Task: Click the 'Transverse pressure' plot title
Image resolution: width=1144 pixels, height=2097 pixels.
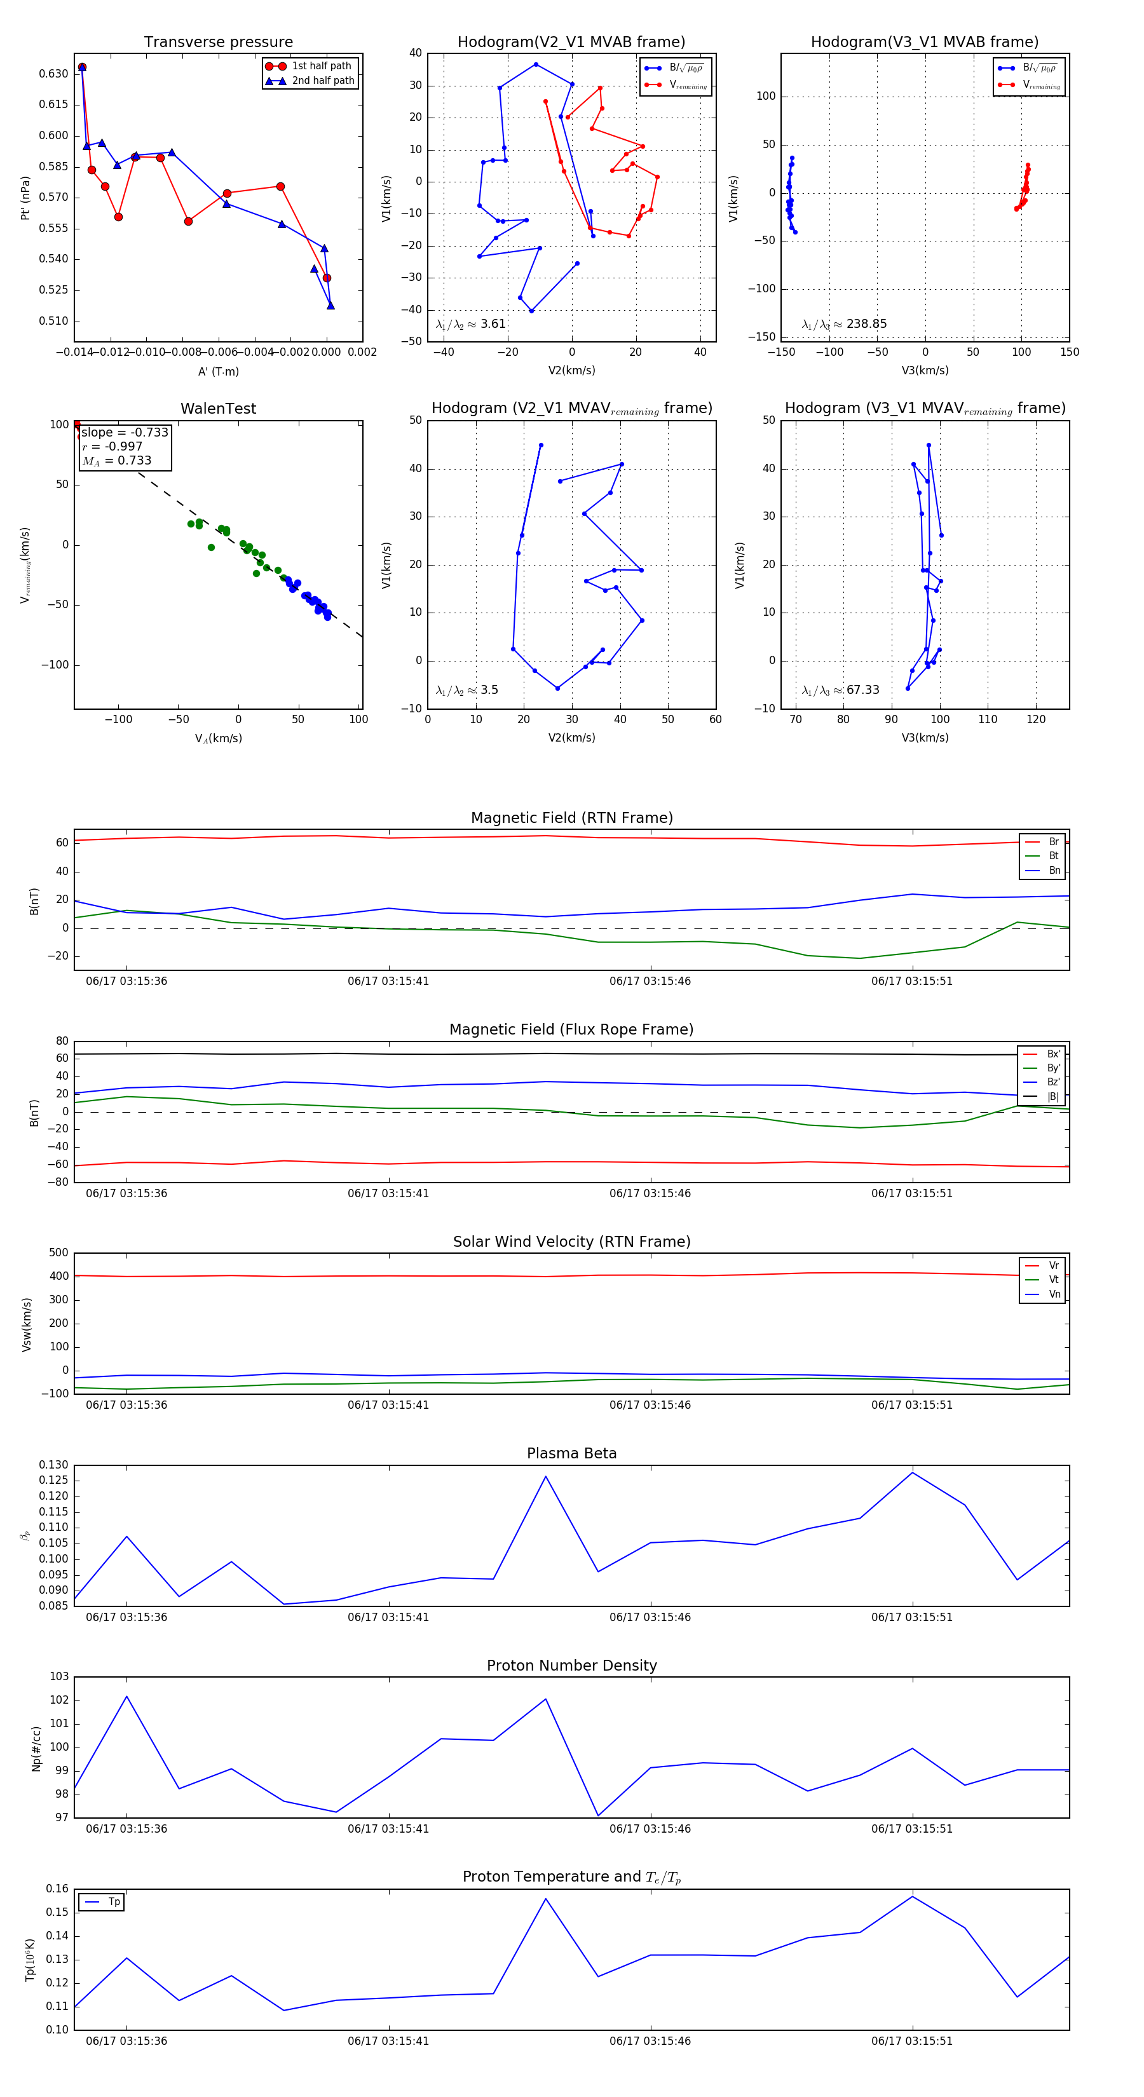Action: pyautogui.click(x=218, y=43)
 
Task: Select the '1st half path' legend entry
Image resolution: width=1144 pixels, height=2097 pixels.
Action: pyautogui.click(x=321, y=66)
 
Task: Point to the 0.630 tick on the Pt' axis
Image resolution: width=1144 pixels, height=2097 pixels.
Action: pyautogui.click(x=54, y=73)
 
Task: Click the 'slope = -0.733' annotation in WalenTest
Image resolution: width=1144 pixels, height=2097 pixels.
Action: pyautogui.click(x=125, y=432)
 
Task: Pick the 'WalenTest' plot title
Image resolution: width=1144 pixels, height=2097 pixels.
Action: pyautogui.click(x=218, y=409)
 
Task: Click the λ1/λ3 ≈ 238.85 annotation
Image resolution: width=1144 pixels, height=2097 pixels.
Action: pyautogui.click(x=845, y=324)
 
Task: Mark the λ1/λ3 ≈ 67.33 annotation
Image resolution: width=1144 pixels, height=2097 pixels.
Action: pyautogui.click(x=840, y=690)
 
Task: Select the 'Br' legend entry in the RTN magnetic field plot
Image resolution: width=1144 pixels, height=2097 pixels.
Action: pyautogui.click(x=1053, y=842)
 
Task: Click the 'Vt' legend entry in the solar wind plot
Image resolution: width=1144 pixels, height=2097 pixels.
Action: pyautogui.click(x=1054, y=1280)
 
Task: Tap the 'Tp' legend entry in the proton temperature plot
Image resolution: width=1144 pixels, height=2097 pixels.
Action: pyautogui.click(x=113, y=1902)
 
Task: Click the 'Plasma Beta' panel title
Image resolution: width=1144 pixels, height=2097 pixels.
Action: pyautogui.click(x=571, y=1453)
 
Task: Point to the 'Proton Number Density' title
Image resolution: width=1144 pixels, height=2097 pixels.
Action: pyautogui.click(x=571, y=1666)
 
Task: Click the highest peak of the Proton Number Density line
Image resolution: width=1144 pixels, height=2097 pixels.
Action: pyautogui.click(x=127, y=1697)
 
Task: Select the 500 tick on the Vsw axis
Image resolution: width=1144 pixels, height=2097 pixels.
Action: pyautogui.click(x=58, y=1253)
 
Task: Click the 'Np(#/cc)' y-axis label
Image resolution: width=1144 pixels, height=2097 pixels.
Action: pyautogui.click(x=36, y=1747)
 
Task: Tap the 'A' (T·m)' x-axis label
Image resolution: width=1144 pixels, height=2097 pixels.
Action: pyautogui.click(x=218, y=372)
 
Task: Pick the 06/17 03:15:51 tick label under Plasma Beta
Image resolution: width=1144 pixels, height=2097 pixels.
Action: pyautogui.click(x=911, y=1617)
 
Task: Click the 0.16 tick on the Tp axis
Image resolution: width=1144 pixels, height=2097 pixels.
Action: pyautogui.click(x=57, y=1889)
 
